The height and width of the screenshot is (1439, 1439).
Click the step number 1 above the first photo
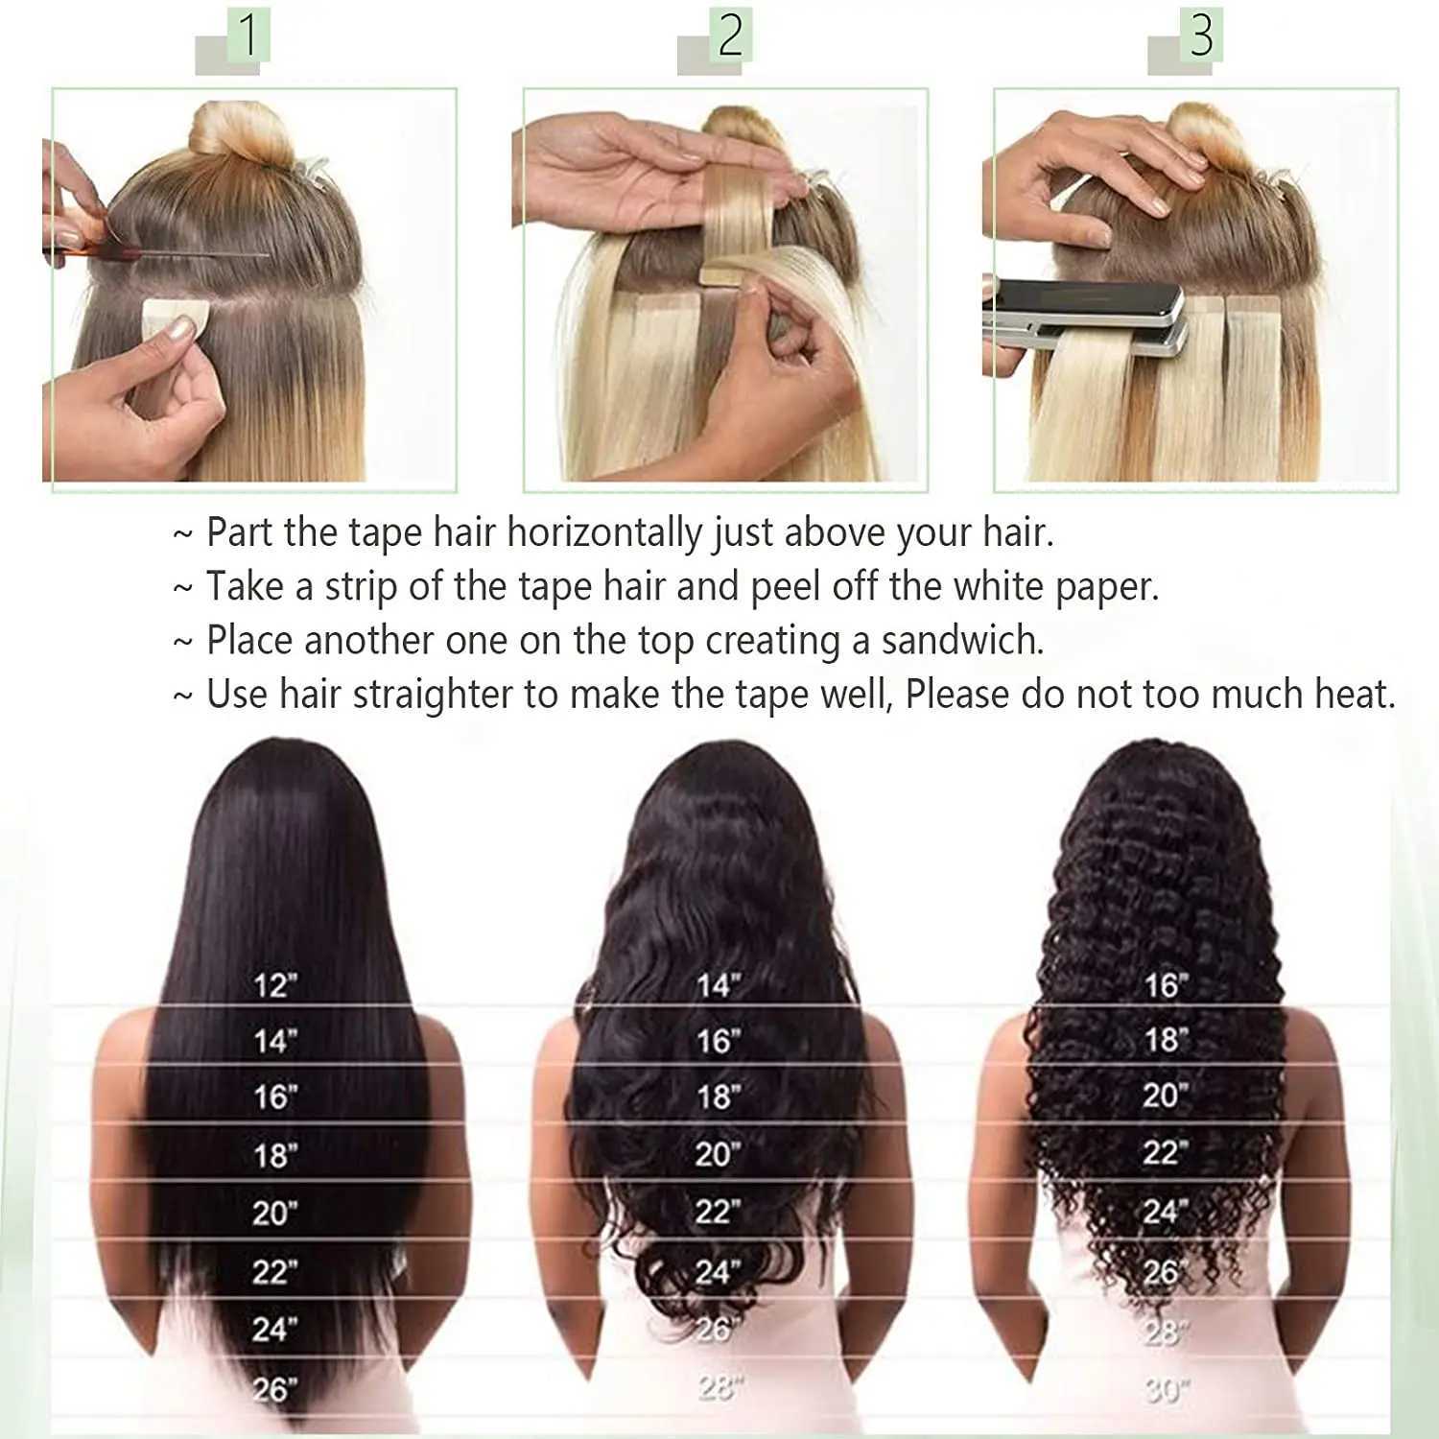click(248, 35)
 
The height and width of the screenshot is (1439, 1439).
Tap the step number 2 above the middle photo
click(730, 35)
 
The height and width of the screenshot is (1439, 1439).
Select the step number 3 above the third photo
click(1201, 35)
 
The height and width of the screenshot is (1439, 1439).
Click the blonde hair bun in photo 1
click(240, 134)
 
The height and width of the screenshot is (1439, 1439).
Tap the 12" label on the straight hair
click(275, 985)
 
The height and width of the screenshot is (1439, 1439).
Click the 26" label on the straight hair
click(274, 1389)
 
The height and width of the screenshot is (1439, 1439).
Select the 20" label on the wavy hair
click(718, 1154)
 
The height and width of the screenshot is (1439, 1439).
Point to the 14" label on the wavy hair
click(718, 985)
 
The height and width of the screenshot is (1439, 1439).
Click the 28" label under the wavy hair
click(718, 1387)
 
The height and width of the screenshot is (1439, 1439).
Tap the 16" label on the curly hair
click(1166, 985)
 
